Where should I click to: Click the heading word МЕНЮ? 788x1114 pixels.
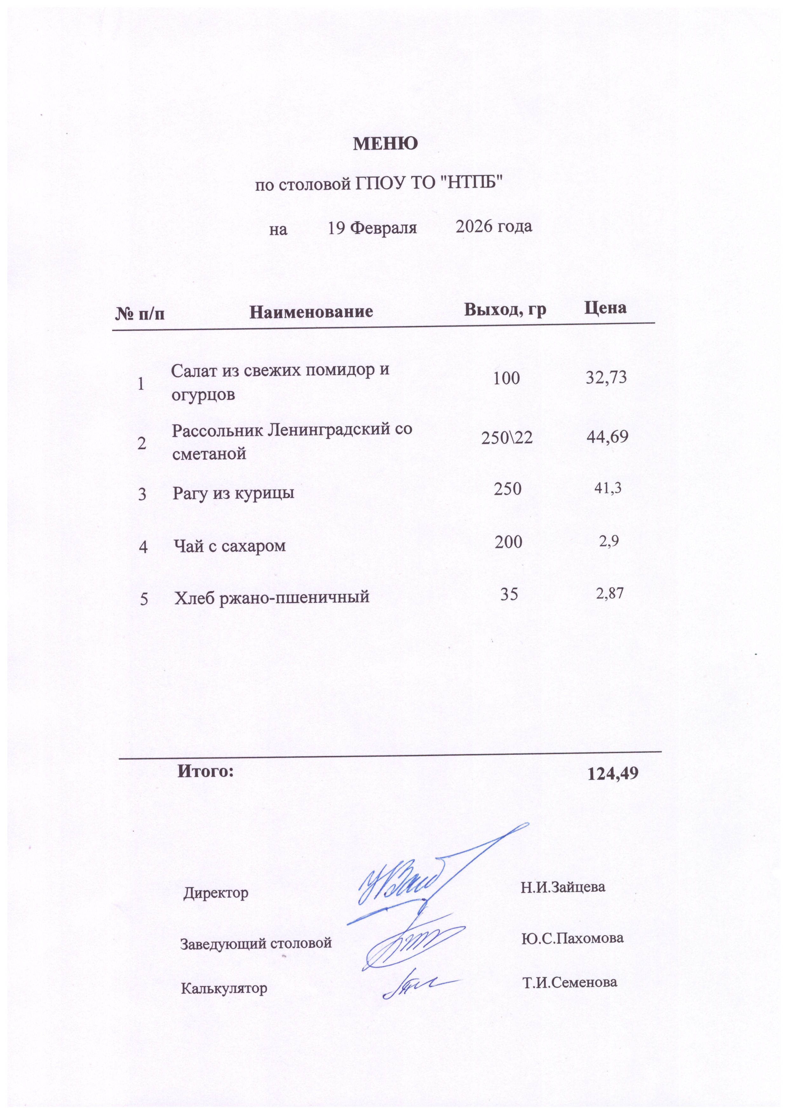point(385,144)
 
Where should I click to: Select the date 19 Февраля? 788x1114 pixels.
point(372,227)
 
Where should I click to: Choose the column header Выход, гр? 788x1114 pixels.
point(505,309)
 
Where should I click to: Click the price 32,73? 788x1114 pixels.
point(606,377)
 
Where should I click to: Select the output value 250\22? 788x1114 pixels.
point(507,438)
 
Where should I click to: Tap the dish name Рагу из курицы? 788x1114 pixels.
point(233,493)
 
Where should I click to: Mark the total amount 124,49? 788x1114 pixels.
point(612,774)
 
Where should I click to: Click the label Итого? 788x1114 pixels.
point(205,771)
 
